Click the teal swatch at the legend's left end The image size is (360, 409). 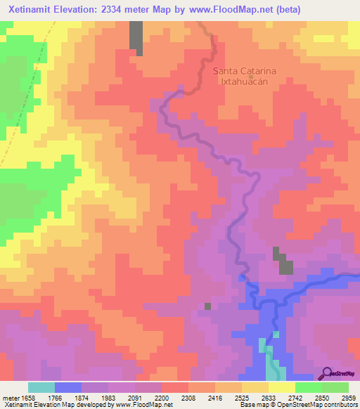tap(41, 387)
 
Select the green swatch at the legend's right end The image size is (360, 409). tap(335, 387)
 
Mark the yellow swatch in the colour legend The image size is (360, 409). tap(281, 387)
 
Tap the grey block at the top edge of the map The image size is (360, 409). tap(136, 37)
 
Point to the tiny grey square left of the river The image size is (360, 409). tap(207, 306)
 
